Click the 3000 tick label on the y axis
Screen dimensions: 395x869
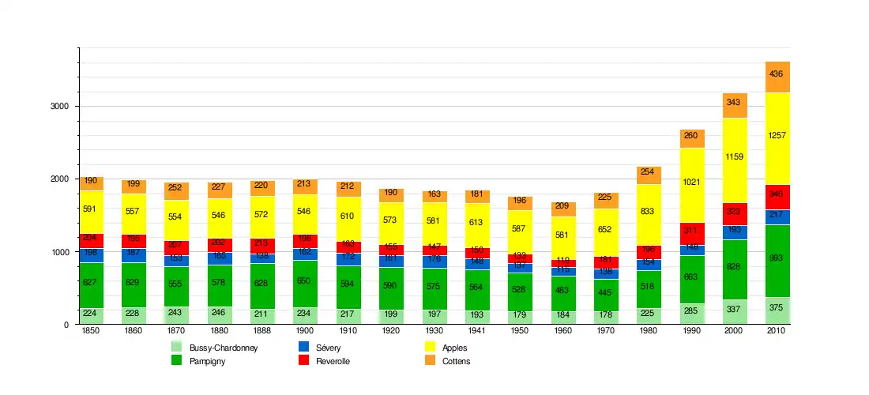(x=62, y=107)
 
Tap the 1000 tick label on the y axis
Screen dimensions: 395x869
(x=62, y=252)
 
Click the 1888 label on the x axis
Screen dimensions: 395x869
(x=261, y=331)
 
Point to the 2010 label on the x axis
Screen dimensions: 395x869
(x=777, y=331)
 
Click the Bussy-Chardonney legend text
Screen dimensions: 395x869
(x=224, y=347)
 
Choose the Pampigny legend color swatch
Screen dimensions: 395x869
(x=178, y=361)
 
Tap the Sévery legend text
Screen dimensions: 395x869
(x=329, y=347)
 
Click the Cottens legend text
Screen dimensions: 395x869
(x=456, y=361)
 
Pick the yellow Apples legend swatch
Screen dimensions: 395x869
(x=431, y=347)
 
